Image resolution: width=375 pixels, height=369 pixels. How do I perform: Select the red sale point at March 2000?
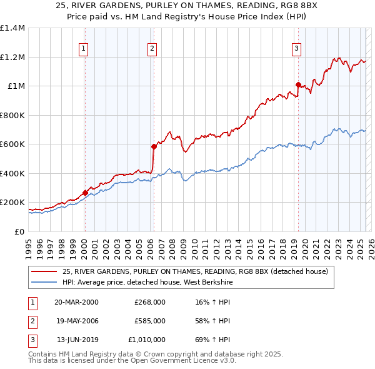click(x=85, y=193)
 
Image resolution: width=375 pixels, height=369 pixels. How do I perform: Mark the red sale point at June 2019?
click(x=298, y=84)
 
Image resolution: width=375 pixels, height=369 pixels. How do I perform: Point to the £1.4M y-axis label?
click(x=12, y=28)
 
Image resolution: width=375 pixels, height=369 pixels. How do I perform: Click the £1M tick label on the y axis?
click(x=16, y=86)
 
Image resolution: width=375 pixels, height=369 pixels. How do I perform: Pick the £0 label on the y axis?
click(x=19, y=231)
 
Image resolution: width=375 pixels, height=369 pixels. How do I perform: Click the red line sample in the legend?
click(x=44, y=271)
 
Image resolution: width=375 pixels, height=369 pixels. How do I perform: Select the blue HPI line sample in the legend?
click(x=44, y=282)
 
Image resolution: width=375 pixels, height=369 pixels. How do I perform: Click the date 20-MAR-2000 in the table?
click(x=76, y=301)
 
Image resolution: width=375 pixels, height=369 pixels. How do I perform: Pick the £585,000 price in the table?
click(x=150, y=321)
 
